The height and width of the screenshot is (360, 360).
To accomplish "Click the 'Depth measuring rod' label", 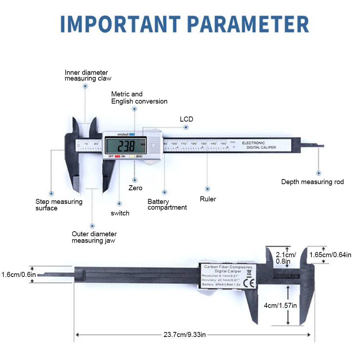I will tap(312, 182).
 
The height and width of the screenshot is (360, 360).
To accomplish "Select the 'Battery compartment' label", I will tap(167, 205).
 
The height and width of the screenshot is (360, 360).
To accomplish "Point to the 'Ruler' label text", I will tap(208, 199).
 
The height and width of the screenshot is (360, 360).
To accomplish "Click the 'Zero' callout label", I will tap(135, 188).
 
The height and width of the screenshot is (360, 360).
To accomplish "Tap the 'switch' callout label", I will tap(120, 213).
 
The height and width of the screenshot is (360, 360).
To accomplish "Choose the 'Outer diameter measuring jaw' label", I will tap(94, 237).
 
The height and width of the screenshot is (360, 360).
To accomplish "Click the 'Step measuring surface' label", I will tap(59, 205).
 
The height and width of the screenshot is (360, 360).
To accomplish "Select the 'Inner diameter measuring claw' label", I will tap(88, 75).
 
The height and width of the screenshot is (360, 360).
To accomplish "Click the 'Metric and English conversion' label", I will tap(139, 98).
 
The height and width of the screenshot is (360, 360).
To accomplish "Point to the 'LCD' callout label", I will tap(186, 119).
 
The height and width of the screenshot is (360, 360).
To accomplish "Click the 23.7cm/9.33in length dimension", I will tap(184, 335).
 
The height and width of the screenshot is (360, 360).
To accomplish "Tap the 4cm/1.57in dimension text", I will tap(280, 306).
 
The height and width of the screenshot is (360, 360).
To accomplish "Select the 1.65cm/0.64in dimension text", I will tap(330, 255).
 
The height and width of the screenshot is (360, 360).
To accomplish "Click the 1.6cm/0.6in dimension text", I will tap(18, 274).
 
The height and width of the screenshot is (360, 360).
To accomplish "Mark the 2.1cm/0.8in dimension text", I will tap(286, 258).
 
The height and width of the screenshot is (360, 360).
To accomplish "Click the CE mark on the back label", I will tap(248, 283).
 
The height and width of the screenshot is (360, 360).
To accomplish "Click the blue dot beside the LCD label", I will tap(186, 128).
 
